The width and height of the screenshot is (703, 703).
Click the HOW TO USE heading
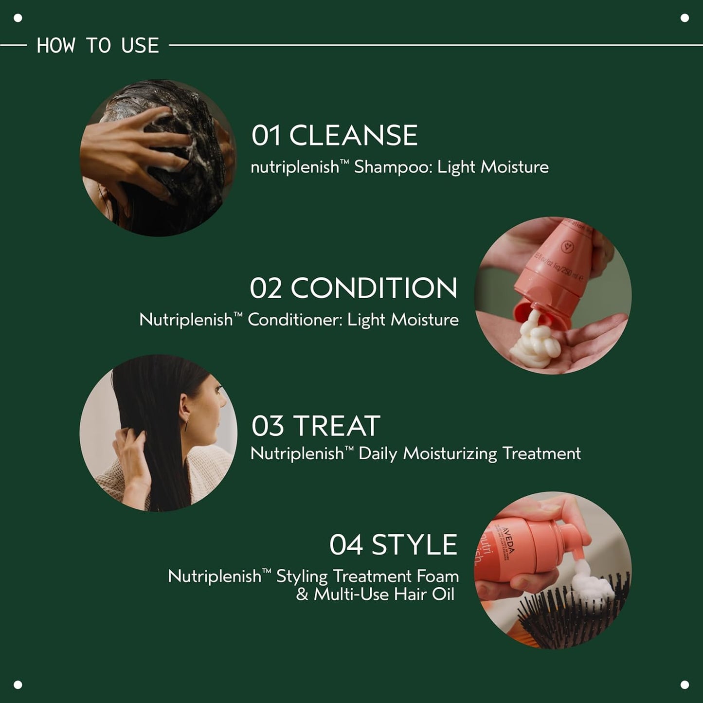[98, 46]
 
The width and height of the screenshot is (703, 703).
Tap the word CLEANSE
[353, 135]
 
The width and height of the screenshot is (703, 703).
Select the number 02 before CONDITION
[266, 288]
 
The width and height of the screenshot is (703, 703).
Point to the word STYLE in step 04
[414, 544]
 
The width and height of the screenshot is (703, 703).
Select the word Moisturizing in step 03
[450, 454]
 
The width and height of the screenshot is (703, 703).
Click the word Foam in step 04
[438, 577]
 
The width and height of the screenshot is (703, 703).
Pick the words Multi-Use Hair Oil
[384, 595]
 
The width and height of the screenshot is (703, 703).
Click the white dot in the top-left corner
[18, 18]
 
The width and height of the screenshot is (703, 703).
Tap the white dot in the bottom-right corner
[685, 685]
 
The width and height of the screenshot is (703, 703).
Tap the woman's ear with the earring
[184, 404]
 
